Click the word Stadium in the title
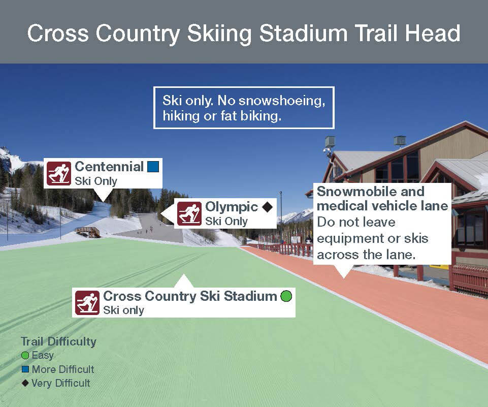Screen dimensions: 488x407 [303, 33]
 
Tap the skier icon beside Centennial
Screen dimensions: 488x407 [59, 173]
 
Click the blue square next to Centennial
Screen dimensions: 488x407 [153, 166]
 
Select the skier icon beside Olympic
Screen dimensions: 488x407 [189, 213]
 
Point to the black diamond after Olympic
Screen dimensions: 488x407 [267, 207]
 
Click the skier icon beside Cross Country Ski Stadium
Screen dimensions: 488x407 [87, 303]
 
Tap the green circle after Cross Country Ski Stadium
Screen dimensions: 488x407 [286, 296]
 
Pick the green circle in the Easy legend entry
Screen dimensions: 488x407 [25, 355]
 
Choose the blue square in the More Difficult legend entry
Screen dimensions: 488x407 [25, 369]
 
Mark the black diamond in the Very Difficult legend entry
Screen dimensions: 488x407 [25, 383]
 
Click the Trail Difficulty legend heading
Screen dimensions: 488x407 [58, 341]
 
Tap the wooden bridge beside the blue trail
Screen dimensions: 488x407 [87, 232]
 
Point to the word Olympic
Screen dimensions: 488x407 [232, 207]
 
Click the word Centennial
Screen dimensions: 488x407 [109, 167]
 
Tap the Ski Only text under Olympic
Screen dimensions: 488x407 [226, 221]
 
